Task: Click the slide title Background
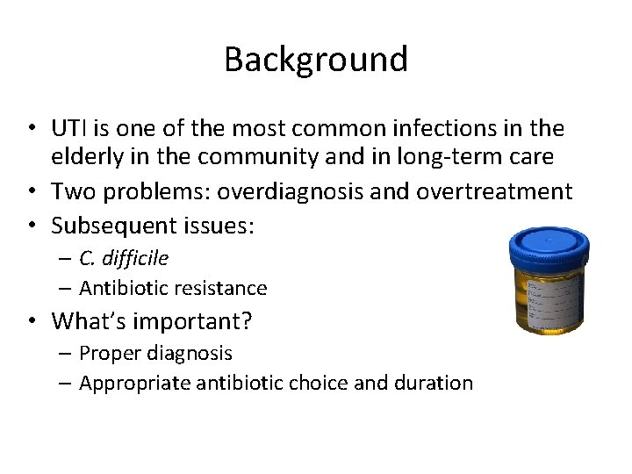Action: point(316,60)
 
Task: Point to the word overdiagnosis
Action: point(272,191)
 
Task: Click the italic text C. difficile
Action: point(124,258)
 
